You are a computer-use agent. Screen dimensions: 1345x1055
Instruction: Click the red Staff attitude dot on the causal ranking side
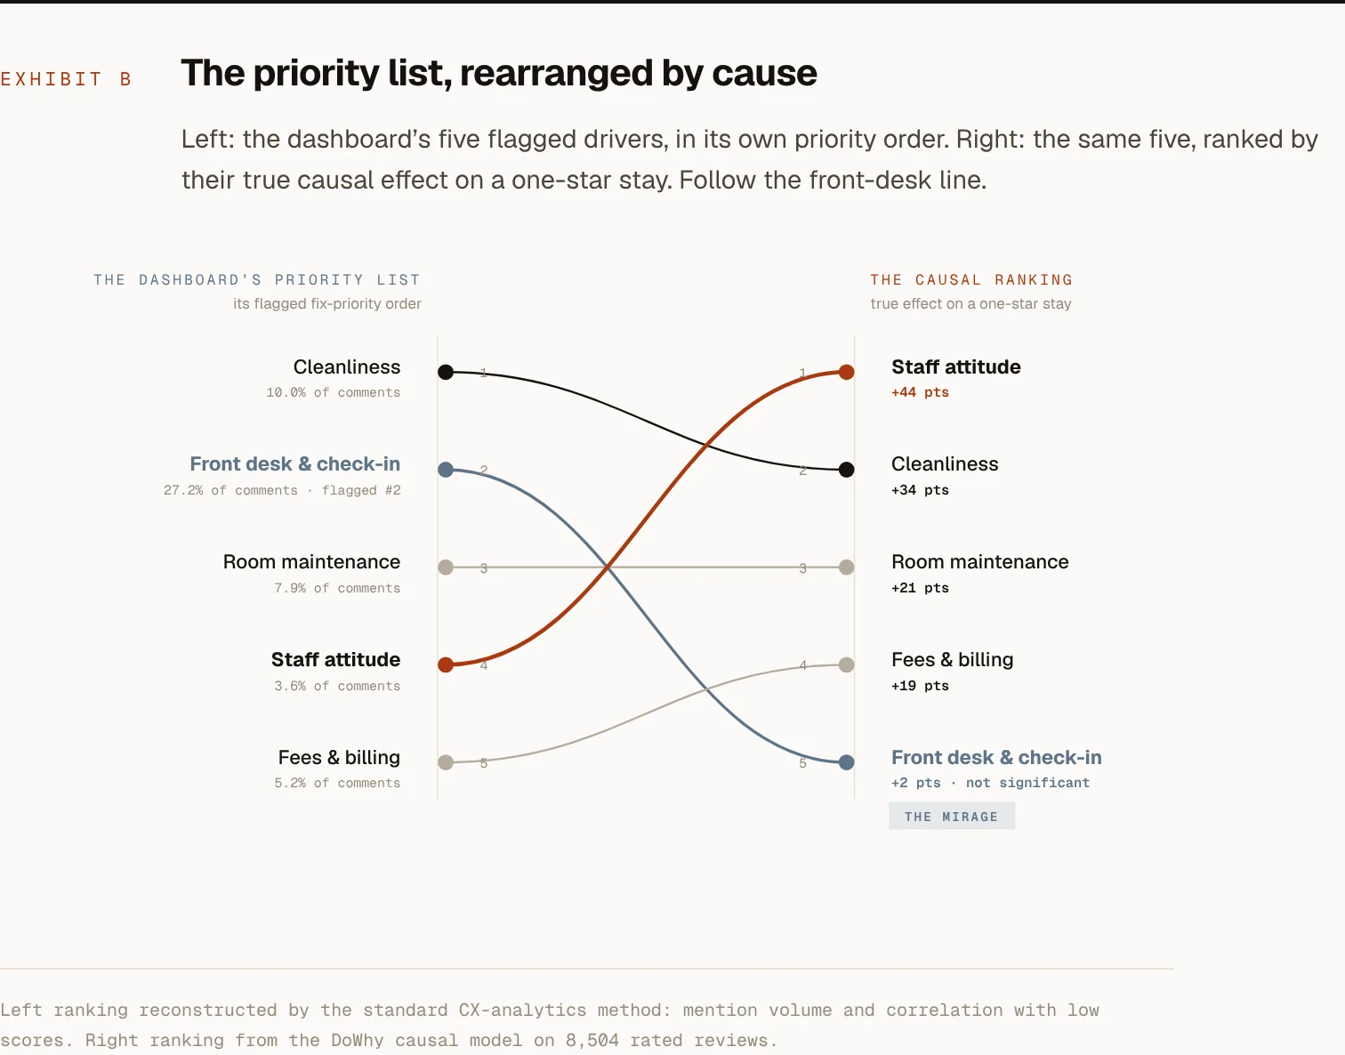click(x=846, y=372)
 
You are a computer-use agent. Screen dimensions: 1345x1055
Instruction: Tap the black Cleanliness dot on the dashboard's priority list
click(x=446, y=372)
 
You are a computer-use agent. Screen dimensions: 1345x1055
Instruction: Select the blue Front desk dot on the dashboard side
click(x=446, y=470)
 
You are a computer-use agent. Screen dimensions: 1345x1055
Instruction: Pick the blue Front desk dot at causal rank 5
click(x=846, y=762)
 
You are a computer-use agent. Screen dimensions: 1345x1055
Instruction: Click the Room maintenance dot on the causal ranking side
click(x=846, y=567)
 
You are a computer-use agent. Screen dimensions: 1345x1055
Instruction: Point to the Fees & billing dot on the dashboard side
click(x=446, y=762)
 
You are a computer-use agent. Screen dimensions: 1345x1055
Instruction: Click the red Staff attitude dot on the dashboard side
click(x=446, y=664)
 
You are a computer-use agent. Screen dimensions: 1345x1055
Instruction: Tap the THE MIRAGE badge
click(x=951, y=816)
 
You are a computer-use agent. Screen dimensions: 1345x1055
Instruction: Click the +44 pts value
click(x=920, y=392)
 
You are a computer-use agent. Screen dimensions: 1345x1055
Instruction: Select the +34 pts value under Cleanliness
click(x=920, y=490)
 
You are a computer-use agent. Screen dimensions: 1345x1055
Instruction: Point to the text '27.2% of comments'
click(x=230, y=490)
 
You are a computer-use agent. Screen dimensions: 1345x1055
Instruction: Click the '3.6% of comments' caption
click(x=337, y=686)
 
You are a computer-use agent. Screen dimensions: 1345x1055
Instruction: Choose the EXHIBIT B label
click(x=66, y=79)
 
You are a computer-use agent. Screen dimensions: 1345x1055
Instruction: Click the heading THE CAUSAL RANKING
click(x=971, y=279)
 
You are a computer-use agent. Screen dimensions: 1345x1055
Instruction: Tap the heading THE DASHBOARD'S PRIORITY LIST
click(x=257, y=279)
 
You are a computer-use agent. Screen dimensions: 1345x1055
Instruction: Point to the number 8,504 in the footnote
click(x=592, y=1040)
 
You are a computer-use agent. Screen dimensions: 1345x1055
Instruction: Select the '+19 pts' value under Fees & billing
click(x=920, y=686)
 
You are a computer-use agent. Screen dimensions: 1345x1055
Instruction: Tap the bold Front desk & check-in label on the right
click(x=996, y=757)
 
